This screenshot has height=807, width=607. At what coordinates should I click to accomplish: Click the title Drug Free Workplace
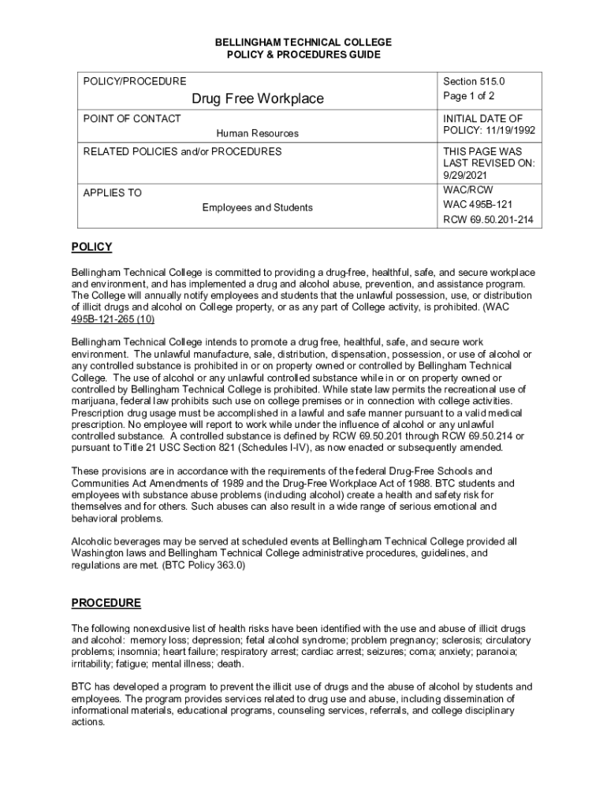tap(258, 99)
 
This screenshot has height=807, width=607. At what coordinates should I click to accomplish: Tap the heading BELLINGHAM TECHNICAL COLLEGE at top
tap(303, 42)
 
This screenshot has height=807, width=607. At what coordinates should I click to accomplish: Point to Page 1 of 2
tap(469, 96)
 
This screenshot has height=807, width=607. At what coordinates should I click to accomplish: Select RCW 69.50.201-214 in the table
tap(488, 220)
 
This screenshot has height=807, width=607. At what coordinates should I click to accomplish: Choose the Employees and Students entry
tap(257, 207)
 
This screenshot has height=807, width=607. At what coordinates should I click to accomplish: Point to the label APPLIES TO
tap(113, 192)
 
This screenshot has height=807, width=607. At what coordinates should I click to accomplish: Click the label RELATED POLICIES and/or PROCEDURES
tap(182, 151)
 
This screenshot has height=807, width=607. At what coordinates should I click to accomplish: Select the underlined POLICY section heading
tap(91, 247)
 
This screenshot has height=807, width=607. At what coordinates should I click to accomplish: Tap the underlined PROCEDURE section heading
tap(106, 604)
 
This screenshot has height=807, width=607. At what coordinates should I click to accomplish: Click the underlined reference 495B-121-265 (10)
tap(113, 319)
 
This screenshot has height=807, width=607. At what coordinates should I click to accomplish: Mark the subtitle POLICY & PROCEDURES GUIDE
tap(303, 54)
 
